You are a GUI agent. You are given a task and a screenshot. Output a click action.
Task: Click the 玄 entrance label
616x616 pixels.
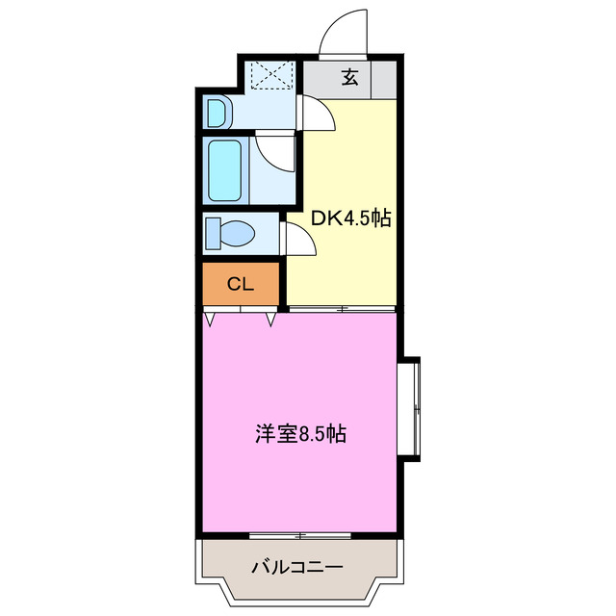pos(349,79)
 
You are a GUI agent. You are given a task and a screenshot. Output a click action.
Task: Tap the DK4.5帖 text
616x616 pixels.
pos(350,218)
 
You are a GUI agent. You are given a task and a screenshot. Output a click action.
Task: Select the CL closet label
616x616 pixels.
pos(240,284)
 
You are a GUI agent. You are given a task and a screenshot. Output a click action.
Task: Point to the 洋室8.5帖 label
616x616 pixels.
pos(300,434)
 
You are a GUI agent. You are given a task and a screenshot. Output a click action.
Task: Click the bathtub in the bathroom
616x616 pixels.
pos(226,170)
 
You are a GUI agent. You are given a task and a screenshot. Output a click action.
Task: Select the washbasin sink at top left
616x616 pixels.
pos(218,112)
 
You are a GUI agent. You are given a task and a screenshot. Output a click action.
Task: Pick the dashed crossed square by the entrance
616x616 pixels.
pos(271,76)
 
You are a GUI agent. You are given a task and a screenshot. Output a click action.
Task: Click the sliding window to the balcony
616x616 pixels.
pos(300,534)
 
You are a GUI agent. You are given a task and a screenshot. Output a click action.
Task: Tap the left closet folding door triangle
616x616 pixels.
pos(211,316)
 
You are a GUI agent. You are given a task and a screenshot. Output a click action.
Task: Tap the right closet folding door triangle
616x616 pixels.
pos(271,316)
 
